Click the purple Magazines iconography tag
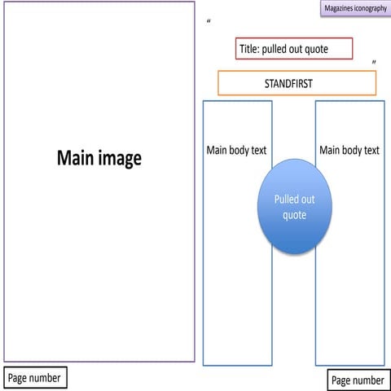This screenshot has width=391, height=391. click(355, 8)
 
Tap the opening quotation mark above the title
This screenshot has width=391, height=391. click(209, 21)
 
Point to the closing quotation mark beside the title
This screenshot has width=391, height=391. click(374, 62)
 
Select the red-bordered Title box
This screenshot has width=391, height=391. click(294, 49)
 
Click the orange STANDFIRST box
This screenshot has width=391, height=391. click(297, 83)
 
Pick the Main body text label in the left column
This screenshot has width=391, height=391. click(236, 150)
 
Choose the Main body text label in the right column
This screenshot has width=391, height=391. click(349, 150)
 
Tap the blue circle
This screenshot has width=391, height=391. click(294, 206)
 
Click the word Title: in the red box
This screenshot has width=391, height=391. click(248, 49)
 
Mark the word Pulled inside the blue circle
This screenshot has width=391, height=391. click(294, 199)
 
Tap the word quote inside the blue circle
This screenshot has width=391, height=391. click(294, 215)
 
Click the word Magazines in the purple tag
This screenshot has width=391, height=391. click(340, 8)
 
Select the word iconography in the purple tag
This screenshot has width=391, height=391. click(371, 8)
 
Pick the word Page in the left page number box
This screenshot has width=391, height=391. click(19, 378)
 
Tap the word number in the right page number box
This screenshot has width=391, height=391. click(369, 380)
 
